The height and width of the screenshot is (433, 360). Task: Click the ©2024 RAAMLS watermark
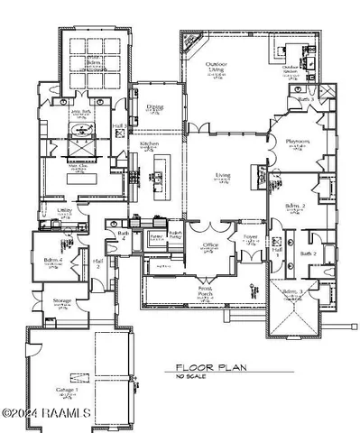coord(46,413)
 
